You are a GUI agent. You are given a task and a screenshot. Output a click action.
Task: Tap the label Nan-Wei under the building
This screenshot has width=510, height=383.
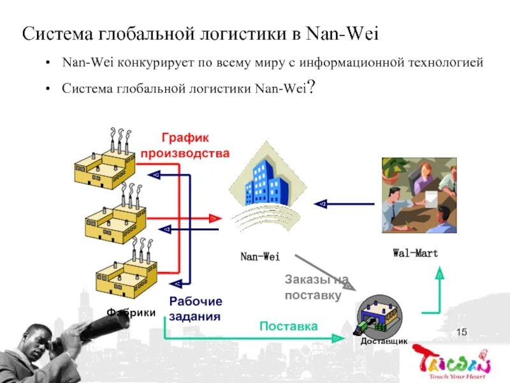(x=260, y=257)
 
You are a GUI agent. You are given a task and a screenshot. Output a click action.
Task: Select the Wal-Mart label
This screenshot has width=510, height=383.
(x=415, y=253)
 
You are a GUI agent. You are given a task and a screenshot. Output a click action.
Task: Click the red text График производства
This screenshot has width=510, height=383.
(x=185, y=146)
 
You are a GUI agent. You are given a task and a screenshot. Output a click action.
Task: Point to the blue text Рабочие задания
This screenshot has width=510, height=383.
(x=196, y=308)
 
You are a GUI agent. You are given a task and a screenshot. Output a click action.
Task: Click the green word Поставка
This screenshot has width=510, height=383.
(x=289, y=326)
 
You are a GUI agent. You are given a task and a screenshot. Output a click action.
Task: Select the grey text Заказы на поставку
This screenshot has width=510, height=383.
(x=317, y=287)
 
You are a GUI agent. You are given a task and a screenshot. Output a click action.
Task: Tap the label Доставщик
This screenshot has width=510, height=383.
(x=384, y=342)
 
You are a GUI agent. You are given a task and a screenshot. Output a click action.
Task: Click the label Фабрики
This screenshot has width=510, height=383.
(x=131, y=312)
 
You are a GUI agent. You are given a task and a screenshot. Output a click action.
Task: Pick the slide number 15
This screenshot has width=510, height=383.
(x=462, y=331)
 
